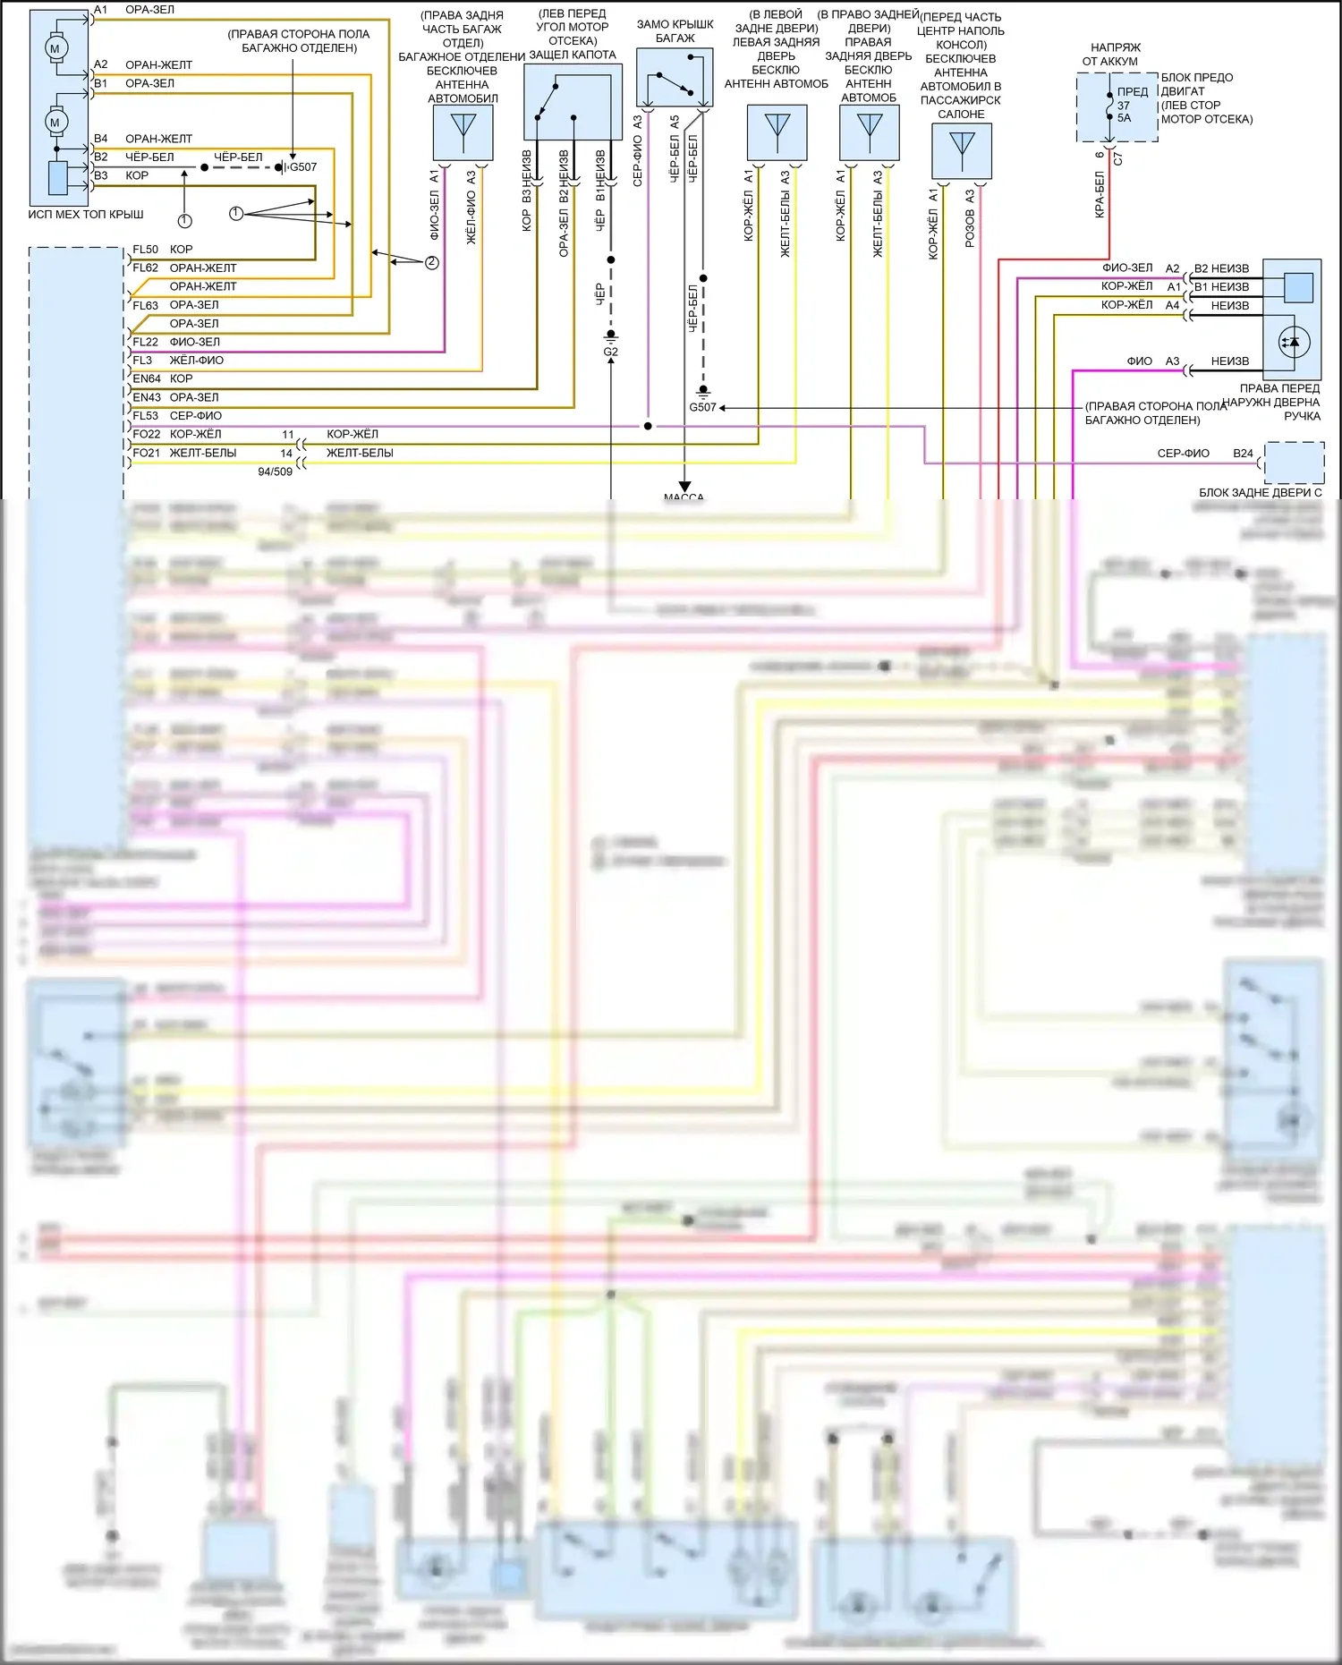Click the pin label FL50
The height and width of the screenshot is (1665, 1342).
click(145, 250)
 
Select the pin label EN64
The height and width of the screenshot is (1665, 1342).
click(147, 378)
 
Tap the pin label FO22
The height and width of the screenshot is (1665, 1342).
click(147, 434)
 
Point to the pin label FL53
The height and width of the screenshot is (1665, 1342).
click(146, 415)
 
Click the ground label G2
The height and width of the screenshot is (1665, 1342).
click(610, 352)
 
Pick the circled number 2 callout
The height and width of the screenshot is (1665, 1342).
click(432, 262)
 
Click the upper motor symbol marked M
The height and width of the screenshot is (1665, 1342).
click(55, 48)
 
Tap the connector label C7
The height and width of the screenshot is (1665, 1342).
click(1118, 159)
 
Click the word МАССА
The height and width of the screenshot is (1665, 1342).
click(684, 497)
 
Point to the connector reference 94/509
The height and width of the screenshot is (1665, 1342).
click(275, 471)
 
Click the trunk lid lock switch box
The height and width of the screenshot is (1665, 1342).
click(675, 78)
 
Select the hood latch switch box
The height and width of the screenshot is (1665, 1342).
click(573, 102)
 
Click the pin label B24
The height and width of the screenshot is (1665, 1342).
click(1243, 454)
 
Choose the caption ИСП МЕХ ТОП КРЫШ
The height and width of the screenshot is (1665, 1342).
click(85, 215)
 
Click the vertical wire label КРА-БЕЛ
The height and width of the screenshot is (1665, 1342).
click(1100, 194)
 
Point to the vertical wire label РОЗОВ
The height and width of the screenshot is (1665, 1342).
click(970, 229)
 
